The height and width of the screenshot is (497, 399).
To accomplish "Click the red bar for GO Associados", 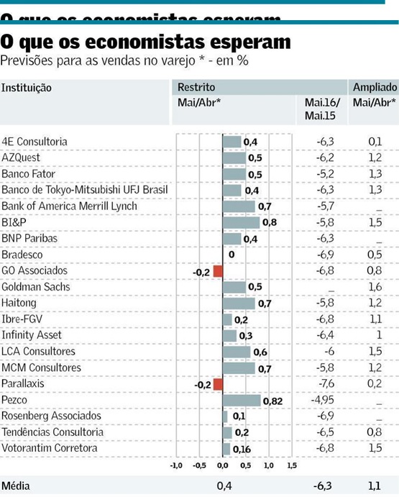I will [x=218, y=271].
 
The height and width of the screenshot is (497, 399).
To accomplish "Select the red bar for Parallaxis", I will [x=218, y=384].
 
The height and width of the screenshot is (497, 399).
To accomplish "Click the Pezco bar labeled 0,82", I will [x=242, y=400].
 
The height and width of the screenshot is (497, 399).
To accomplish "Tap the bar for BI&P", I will [x=241, y=222].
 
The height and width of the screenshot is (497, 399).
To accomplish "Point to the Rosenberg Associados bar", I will [x=225, y=416].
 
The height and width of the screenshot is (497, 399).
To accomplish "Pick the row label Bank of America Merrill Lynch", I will [x=69, y=206].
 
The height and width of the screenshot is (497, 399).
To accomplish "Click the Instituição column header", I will [x=27, y=88].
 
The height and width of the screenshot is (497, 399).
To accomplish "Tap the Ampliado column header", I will [x=373, y=88].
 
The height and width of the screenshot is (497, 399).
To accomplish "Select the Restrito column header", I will [x=194, y=88].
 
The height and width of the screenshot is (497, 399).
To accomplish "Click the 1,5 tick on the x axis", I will [x=291, y=465].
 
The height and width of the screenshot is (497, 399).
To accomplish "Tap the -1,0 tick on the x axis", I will [x=175, y=465].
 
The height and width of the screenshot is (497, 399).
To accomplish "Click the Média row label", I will [x=16, y=486].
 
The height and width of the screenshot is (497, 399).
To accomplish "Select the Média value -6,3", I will [x=324, y=486].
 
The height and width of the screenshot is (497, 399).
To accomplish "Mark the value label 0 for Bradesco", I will [x=231, y=255].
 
